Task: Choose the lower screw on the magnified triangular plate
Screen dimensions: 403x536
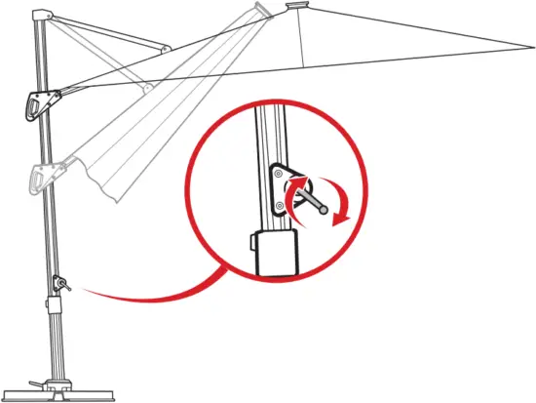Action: click(x=280, y=206)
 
